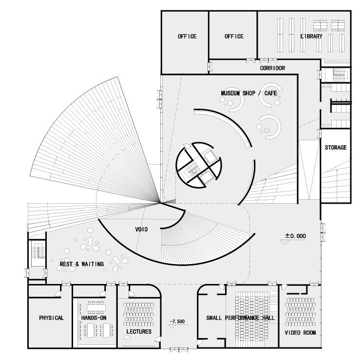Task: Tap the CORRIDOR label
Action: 272,69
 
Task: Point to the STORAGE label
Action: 336,148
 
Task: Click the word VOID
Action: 141,229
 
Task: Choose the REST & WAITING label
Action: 82,265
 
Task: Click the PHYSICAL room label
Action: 51,318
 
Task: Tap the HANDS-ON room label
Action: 94,318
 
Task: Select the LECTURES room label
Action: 139,332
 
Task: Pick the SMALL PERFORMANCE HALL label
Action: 240,318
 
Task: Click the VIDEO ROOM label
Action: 300,333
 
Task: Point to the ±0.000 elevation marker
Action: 295,236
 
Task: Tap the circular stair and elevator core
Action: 199,164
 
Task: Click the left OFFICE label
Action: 187,37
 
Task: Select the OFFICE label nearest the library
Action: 234,37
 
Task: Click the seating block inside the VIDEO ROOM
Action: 300,312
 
